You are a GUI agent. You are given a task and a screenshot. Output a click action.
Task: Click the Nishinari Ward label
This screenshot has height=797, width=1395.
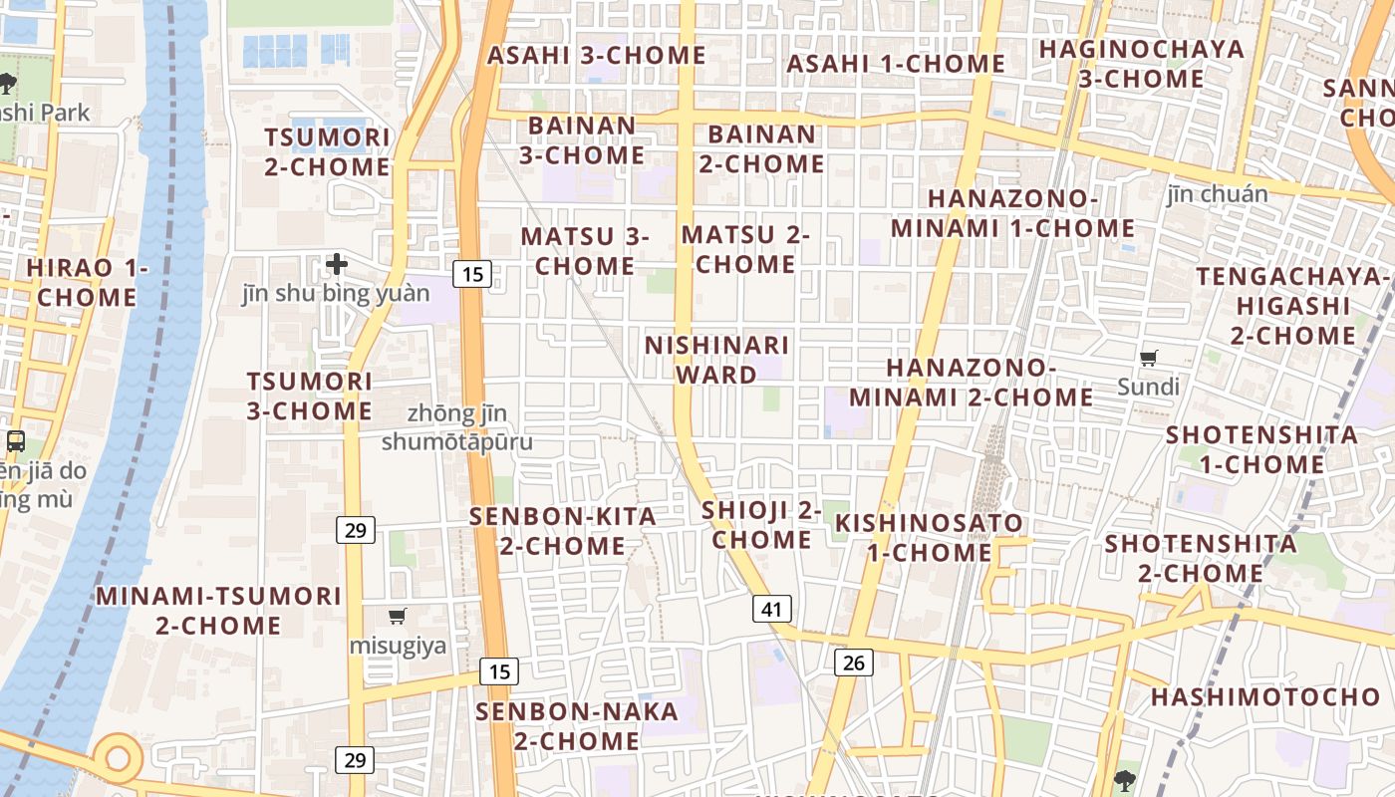pyautogui.click(x=717, y=360)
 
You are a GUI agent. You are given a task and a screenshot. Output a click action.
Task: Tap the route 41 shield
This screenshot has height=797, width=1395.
pyautogui.click(x=772, y=608)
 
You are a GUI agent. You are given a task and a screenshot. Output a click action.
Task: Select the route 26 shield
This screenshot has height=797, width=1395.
pyautogui.click(x=855, y=662)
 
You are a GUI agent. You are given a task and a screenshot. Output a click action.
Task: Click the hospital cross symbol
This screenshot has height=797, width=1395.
pyautogui.click(x=337, y=264)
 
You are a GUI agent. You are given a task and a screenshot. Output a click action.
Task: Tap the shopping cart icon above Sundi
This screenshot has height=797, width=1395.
pyautogui.click(x=1149, y=358)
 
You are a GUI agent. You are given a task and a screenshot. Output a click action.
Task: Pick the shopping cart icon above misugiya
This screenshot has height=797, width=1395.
pyautogui.click(x=398, y=616)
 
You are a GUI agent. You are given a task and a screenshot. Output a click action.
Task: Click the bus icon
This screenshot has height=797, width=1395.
pyautogui.click(x=15, y=440)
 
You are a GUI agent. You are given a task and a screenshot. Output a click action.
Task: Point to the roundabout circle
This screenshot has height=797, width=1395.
pyautogui.click(x=118, y=759)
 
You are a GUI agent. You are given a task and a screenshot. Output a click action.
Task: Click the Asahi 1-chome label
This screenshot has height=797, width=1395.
pyautogui.click(x=896, y=64)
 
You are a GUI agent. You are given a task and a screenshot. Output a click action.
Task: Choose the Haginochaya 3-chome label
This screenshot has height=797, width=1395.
pyautogui.click(x=1142, y=63)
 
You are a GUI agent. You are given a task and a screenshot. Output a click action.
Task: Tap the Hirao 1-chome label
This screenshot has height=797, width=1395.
pyautogui.click(x=87, y=282)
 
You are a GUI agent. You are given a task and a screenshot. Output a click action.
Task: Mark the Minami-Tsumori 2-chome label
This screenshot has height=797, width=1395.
pyautogui.click(x=218, y=611)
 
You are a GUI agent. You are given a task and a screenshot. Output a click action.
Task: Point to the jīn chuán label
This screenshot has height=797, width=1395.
pyautogui.click(x=1218, y=193)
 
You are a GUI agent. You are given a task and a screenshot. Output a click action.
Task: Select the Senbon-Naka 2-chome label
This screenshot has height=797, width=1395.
pyautogui.click(x=577, y=726)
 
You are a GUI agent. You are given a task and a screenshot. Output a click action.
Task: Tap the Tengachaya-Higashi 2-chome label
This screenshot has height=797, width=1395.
pyautogui.click(x=1292, y=305)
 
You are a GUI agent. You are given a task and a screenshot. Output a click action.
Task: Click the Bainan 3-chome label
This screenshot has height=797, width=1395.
pyautogui.click(x=582, y=140)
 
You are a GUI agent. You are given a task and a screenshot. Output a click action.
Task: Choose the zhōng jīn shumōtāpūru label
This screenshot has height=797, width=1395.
pyautogui.click(x=457, y=427)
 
